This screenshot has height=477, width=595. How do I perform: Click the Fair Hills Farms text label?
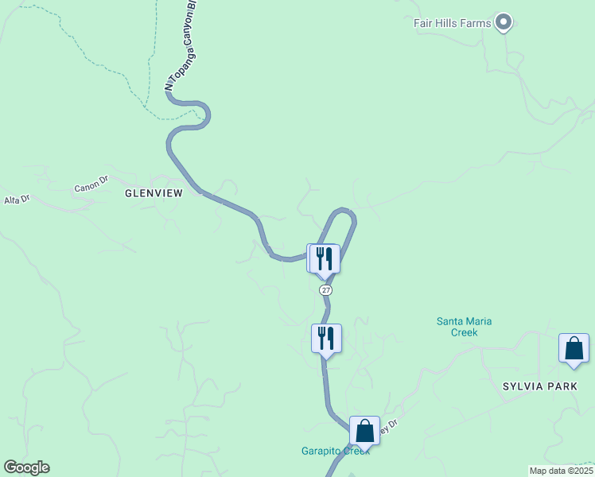[x=452, y=23]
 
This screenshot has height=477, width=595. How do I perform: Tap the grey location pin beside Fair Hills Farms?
[x=503, y=22]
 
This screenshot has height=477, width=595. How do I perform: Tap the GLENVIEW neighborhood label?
[x=154, y=193]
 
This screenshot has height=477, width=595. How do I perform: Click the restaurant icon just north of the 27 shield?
[x=325, y=258]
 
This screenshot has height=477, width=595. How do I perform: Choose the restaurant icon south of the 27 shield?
[x=326, y=338]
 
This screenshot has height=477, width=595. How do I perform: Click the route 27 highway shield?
[x=326, y=290]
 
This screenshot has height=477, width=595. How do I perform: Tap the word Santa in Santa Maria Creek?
[x=450, y=321]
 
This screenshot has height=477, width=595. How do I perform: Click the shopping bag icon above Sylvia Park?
[x=574, y=348]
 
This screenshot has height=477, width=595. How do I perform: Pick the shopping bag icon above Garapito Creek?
[x=364, y=431]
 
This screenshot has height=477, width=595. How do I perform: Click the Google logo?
[x=26, y=467]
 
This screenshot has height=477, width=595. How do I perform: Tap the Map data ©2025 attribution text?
[x=560, y=471]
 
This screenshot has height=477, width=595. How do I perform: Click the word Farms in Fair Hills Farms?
[x=475, y=23]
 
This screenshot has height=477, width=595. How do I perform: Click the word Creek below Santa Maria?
[x=465, y=332]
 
